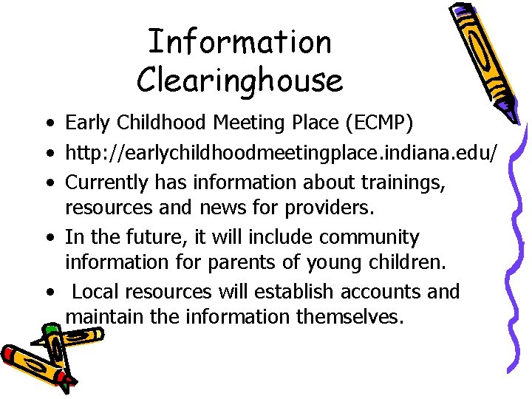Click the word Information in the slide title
(239, 41)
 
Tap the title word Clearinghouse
(239, 80)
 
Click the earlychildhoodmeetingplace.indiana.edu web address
(282, 154)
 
